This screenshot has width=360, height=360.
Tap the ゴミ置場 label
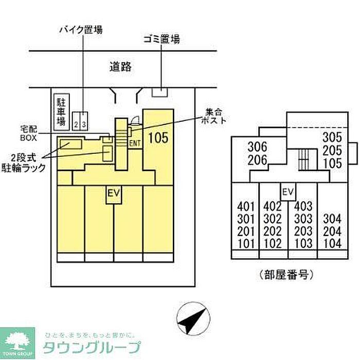tap(161, 39)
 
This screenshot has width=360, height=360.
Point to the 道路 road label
tap(121, 66)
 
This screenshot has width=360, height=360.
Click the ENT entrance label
tap(135, 143)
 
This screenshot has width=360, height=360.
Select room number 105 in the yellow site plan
tap(158, 137)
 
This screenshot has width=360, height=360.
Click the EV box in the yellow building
tap(114, 194)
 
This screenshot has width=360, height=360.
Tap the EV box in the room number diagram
tap(288, 192)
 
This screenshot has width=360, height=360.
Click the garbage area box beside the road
tap(160, 92)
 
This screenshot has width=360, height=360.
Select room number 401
tap(246, 207)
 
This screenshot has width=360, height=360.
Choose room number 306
tap(257, 147)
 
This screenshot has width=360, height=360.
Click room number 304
tap(332, 220)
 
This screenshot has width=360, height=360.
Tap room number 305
tap(332, 138)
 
